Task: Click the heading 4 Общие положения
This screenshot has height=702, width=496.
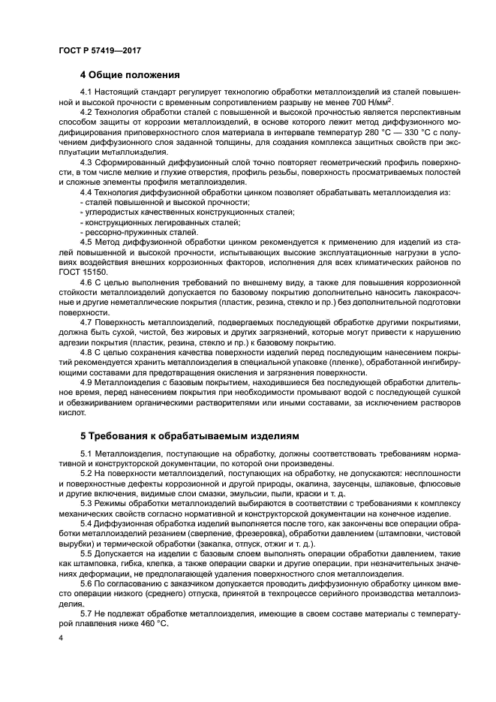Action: click(130, 75)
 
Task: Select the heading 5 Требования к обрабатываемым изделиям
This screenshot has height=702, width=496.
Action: click(190, 435)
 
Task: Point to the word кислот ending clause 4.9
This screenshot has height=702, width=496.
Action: click(71, 412)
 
